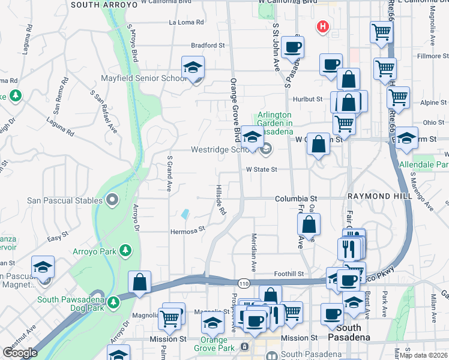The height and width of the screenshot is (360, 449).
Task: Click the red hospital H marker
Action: pyautogui.click(x=323, y=27)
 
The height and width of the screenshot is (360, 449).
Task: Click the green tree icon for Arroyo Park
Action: pyautogui.click(x=125, y=250)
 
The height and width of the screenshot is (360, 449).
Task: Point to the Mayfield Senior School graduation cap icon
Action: pyautogui.click(x=193, y=68)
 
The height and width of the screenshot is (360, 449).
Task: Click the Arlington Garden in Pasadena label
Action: pyautogui.click(x=275, y=123)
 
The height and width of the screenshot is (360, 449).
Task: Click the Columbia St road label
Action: pyautogui.click(x=296, y=199)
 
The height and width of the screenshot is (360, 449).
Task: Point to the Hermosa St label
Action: pyautogui.click(x=188, y=229)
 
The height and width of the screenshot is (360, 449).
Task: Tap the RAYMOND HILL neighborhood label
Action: pyautogui.click(x=373, y=197)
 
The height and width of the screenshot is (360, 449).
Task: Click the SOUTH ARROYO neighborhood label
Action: pyautogui.click(x=95, y=4)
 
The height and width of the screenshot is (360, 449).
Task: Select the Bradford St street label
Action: pyautogui.click(x=207, y=45)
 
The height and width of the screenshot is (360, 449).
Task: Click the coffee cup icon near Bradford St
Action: pyautogui.click(x=292, y=47)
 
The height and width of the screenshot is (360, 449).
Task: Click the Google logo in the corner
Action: pyautogui.click(x=20, y=353)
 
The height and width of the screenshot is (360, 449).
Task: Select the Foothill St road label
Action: pyautogui.click(x=291, y=274)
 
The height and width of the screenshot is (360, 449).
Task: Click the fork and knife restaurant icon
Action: pyautogui.click(x=351, y=247)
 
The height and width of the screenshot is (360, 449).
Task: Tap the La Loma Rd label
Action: pyautogui.click(x=187, y=23)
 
